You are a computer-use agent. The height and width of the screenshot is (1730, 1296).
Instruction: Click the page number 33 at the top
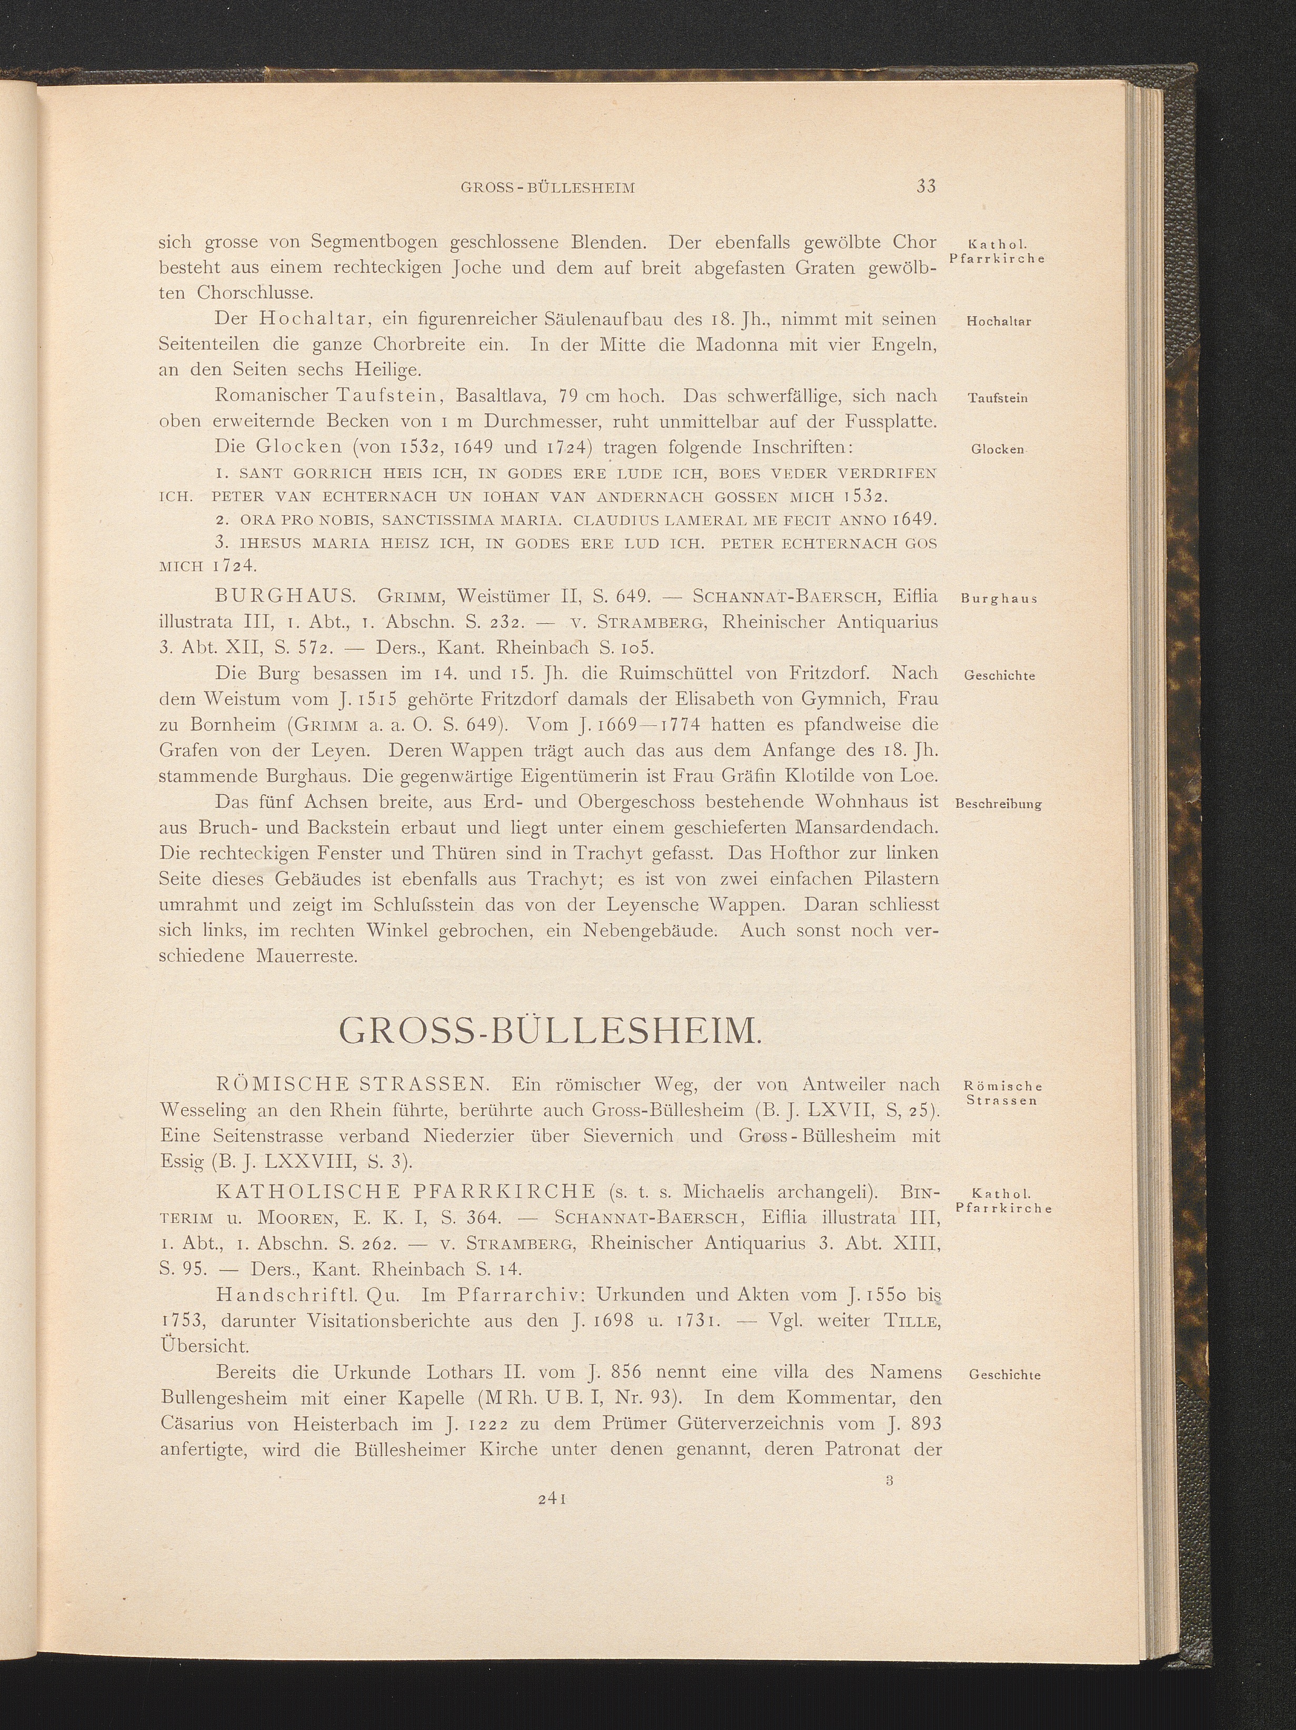click(926, 186)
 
